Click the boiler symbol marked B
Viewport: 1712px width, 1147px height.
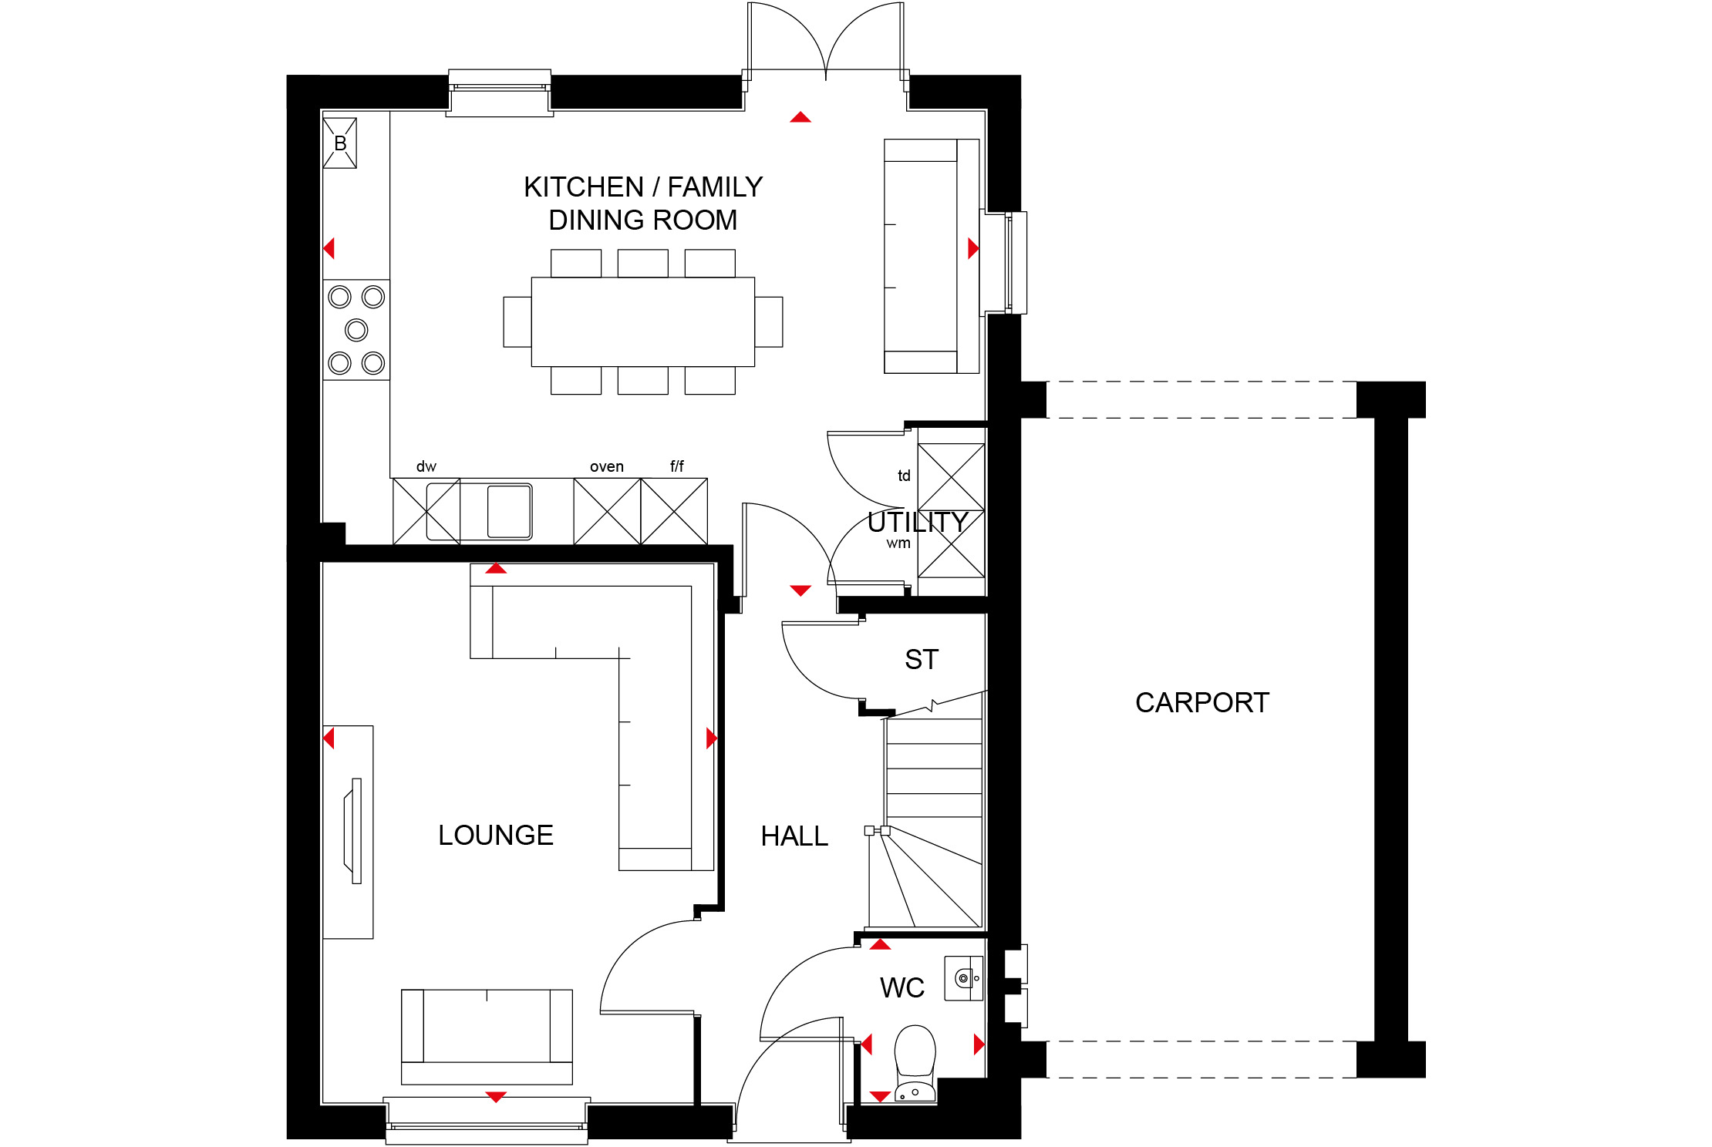click(x=340, y=143)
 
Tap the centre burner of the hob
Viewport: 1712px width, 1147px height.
click(x=356, y=330)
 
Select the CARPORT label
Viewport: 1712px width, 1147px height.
click(x=1202, y=702)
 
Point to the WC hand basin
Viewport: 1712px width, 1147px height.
click(x=964, y=978)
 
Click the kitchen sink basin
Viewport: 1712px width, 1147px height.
click(x=509, y=510)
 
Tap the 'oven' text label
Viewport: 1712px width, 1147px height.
click(x=607, y=466)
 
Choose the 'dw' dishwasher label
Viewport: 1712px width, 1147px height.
click(x=426, y=466)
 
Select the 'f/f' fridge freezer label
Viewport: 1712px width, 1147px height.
click(x=677, y=466)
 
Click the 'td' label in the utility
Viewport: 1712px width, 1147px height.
click(x=904, y=476)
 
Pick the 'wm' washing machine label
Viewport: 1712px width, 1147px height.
click(x=898, y=543)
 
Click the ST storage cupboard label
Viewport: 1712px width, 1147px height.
click(x=922, y=660)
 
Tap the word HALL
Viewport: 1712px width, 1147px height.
click(x=794, y=836)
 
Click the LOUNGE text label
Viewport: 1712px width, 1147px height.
click(x=496, y=835)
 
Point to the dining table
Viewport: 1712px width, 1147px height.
click(x=643, y=322)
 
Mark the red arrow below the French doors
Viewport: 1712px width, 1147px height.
click(x=800, y=117)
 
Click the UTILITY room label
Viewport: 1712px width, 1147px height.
click(x=918, y=523)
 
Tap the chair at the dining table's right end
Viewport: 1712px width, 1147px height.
click(x=769, y=322)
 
